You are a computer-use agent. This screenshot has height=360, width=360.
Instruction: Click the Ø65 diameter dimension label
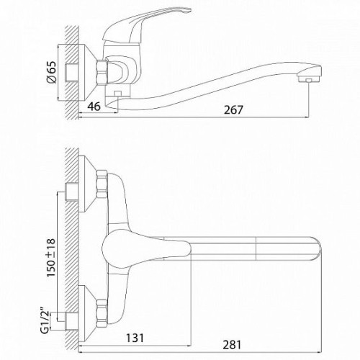click(x=52, y=72)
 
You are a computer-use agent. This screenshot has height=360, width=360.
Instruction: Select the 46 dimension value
click(x=94, y=107)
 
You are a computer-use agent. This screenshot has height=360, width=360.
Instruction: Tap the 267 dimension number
click(x=233, y=110)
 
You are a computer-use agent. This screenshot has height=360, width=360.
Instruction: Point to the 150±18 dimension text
click(x=51, y=258)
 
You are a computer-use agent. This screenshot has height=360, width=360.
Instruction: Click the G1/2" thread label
click(x=45, y=322)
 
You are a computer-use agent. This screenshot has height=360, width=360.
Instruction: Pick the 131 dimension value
click(x=135, y=338)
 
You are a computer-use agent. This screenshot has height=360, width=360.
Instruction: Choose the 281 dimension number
click(x=232, y=345)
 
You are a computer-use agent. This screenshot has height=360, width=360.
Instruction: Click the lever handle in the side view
click(x=144, y=27)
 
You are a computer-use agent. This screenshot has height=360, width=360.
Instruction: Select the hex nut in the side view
click(x=102, y=73)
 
